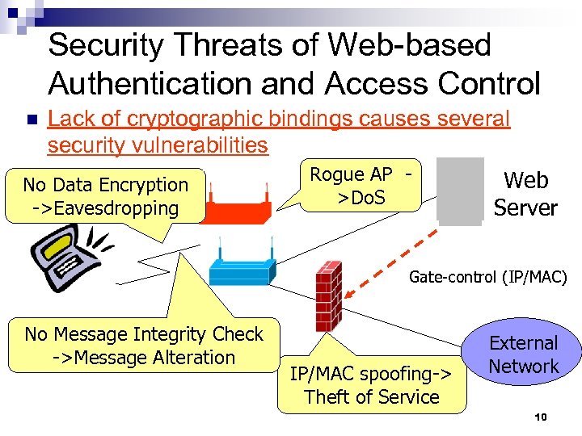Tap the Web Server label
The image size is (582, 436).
525,194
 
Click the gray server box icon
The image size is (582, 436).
459,189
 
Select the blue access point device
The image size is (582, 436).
241,263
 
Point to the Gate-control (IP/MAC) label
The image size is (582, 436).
487,277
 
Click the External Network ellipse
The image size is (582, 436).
524,355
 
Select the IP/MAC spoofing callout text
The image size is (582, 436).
372,385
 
